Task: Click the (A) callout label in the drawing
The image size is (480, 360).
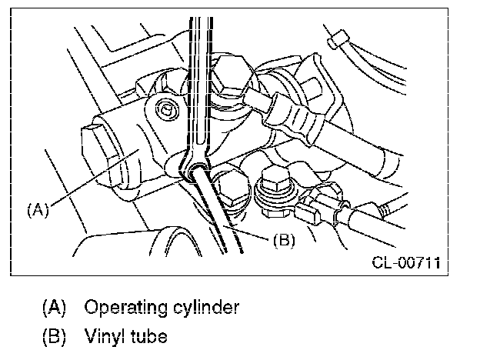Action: click(38, 210)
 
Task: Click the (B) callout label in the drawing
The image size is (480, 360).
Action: click(284, 240)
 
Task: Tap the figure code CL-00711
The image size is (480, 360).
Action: click(406, 262)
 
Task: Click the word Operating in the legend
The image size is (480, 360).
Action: click(125, 308)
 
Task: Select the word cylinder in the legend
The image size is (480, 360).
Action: click(206, 307)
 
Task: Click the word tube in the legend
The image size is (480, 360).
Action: click(149, 336)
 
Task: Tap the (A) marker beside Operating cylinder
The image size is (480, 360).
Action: click(54, 308)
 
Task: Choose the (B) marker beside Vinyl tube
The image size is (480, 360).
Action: click(54, 336)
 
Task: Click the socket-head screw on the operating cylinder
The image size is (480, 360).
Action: click(167, 109)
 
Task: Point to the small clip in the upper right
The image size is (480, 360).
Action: click(338, 39)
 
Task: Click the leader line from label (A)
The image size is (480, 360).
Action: click(95, 177)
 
